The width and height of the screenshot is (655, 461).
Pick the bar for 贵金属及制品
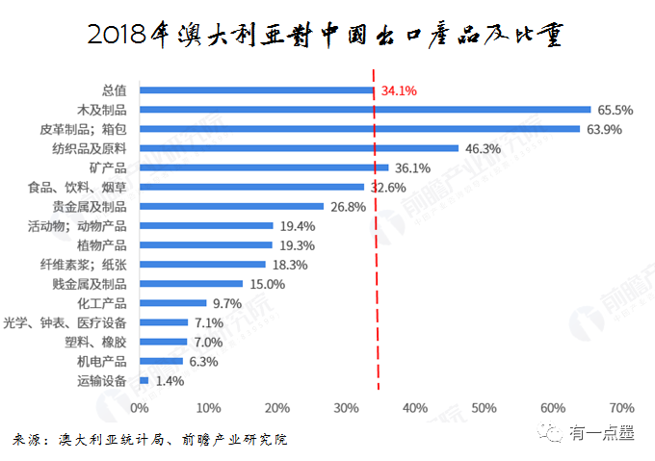(231, 206)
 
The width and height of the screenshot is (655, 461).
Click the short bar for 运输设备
(144, 381)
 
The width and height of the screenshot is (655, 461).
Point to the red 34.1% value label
(399, 91)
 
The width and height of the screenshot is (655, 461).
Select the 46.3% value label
(483, 148)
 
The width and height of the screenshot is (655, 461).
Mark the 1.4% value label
(170, 381)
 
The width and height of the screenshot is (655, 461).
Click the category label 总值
(114, 90)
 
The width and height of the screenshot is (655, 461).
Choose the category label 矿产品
(106, 167)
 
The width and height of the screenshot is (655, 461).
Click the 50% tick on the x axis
(485, 407)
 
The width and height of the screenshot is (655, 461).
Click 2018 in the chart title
(118, 36)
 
